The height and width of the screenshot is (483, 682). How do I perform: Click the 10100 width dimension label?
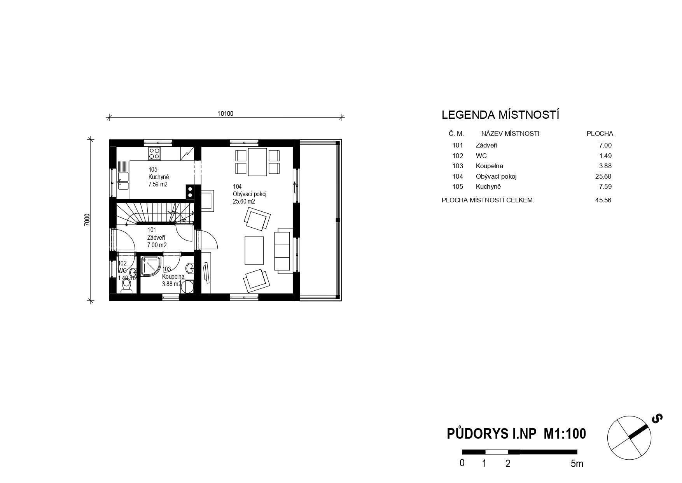[x=225, y=114]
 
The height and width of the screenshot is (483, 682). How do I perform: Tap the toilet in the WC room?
[x=126, y=286]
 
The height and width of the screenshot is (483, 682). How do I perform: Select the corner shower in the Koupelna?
[x=150, y=266]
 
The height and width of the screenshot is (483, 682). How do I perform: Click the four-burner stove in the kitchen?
[x=154, y=153]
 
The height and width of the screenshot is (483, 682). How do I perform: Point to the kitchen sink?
[x=123, y=181]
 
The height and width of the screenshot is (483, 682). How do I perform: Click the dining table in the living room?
[x=257, y=162]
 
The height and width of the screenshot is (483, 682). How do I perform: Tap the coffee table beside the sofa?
[x=254, y=250]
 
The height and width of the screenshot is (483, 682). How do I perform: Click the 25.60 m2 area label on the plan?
[x=244, y=202]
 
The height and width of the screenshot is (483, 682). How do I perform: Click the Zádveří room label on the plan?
[x=156, y=237]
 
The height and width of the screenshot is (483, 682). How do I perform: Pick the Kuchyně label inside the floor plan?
[x=158, y=177]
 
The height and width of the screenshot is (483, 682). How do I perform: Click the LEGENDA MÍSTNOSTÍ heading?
[x=500, y=115]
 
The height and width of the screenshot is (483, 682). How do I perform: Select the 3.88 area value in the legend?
[x=605, y=166]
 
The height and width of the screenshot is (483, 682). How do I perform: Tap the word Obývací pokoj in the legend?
[x=496, y=176]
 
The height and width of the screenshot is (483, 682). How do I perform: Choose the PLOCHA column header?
[x=600, y=133]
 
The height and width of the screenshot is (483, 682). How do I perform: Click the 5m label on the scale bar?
[x=577, y=464]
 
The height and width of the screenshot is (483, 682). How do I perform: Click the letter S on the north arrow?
[x=657, y=418]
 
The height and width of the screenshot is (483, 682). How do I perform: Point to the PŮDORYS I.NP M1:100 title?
[x=516, y=434]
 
